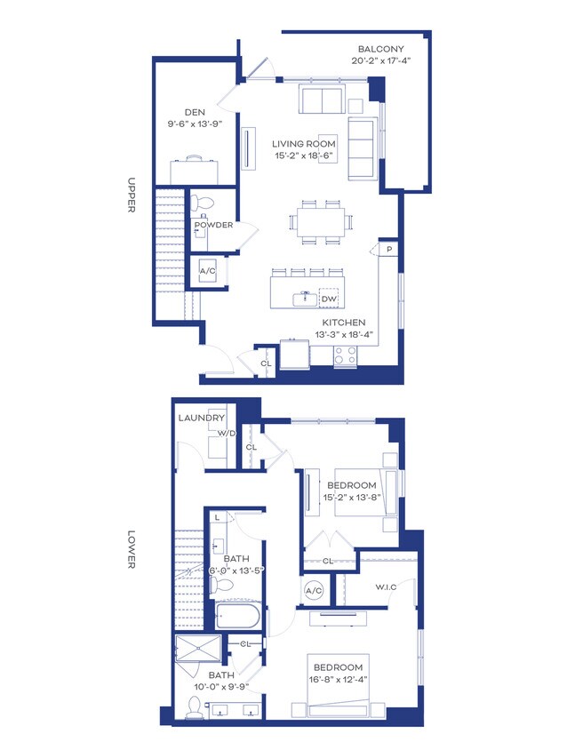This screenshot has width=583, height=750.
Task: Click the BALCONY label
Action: pos(380,49)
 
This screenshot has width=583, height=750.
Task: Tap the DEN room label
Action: pos(195,112)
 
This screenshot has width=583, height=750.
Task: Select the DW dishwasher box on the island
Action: pos(329,299)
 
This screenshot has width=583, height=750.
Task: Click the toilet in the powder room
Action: pos(202,203)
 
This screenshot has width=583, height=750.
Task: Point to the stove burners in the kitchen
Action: pos(346,355)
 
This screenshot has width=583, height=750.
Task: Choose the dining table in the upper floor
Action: pos(321,222)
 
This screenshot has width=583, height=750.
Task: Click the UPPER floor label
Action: pos(132,195)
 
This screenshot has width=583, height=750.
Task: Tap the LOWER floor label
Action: pos(132,549)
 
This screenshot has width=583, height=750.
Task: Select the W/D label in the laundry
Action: pos(227,434)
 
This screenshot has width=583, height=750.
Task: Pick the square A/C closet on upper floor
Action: pos(207,271)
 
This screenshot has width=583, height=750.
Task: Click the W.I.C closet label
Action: pos(386,586)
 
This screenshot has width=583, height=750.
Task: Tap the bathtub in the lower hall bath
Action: pos(237,616)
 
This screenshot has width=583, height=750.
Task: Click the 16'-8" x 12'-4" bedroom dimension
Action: pos(338,679)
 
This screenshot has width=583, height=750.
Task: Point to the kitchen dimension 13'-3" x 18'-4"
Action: pos(344,334)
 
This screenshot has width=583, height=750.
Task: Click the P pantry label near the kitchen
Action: pos(390,249)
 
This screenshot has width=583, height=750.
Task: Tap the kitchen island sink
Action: pos(305,299)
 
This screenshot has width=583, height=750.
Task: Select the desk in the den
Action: pos(194,172)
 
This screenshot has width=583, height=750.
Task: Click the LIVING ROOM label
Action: pos(304,143)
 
